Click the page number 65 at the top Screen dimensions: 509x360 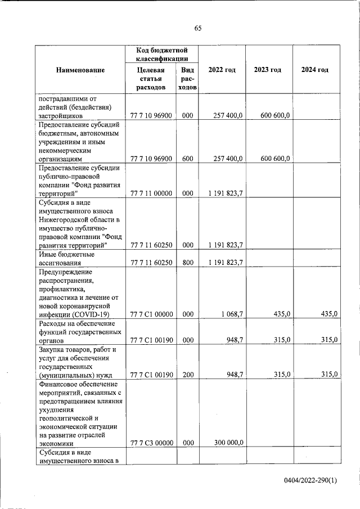(x=198, y=29)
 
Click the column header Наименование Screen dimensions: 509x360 (x=80, y=70)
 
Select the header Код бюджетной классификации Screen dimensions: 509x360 (x=161, y=54)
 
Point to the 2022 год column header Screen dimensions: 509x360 (x=222, y=70)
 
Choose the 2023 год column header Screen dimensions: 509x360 (x=268, y=70)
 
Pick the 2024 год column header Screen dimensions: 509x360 (x=314, y=70)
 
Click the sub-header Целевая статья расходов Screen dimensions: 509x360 (x=151, y=79)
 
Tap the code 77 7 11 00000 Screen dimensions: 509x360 (x=151, y=194)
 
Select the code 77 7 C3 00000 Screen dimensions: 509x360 (x=151, y=443)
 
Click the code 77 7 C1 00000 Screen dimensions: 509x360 (x=151, y=314)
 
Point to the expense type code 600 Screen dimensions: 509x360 (x=187, y=159)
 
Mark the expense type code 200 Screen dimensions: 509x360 (x=187, y=375)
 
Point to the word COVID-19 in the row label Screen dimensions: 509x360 (x=92, y=314)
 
